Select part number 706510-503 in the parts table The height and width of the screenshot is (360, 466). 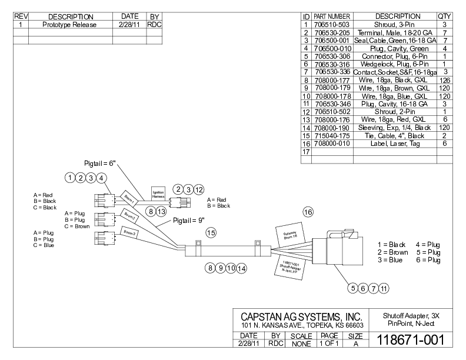tap(332, 24)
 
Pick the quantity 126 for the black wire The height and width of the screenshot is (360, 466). tap(444, 80)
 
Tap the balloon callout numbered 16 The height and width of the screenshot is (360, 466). tap(308, 211)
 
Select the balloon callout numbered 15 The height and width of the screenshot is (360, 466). tap(211, 233)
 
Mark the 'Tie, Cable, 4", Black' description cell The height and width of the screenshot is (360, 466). tap(394, 136)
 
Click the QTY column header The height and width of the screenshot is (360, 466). tap(444, 16)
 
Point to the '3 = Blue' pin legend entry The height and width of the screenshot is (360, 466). tap(390, 260)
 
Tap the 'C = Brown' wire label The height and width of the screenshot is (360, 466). tap(76, 226)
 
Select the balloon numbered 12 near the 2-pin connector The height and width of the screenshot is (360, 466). tap(199, 189)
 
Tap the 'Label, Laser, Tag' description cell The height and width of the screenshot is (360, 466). tap(394, 144)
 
